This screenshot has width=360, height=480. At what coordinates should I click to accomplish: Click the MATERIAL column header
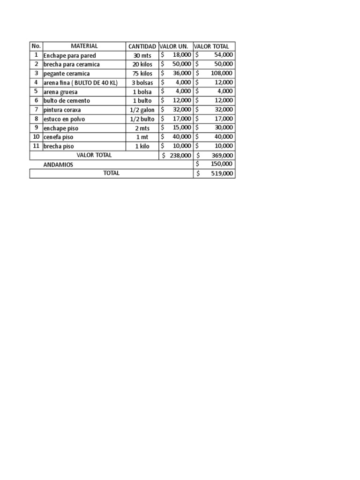click(84, 46)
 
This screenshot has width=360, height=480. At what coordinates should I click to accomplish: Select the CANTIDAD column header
click(142, 46)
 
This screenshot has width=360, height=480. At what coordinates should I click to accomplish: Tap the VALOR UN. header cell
click(174, 46)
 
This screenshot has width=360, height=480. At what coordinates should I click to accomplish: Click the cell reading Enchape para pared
click(69, 55)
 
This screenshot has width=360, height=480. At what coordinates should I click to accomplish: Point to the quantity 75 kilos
click(142, 74)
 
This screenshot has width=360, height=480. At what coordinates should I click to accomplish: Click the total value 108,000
click(220, 73)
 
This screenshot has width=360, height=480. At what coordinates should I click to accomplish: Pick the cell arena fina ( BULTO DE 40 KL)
click(80, 82)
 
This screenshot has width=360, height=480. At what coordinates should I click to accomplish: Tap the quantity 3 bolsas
click(142, 82)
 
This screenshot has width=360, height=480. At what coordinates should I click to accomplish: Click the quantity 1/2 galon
click(142, 110)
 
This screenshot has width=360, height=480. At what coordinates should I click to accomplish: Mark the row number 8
click(36, 119)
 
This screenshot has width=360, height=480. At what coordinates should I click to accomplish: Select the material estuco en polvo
click(64, 119)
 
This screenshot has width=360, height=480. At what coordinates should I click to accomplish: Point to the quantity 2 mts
click(142, 128)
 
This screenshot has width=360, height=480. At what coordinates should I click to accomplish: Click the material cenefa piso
click(58, 137)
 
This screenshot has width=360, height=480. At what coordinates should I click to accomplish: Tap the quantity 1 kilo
click(142, 146)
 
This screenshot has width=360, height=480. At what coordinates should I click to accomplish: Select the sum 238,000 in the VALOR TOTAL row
click(180, 155)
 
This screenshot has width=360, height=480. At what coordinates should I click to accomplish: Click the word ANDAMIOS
click(58, 165)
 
